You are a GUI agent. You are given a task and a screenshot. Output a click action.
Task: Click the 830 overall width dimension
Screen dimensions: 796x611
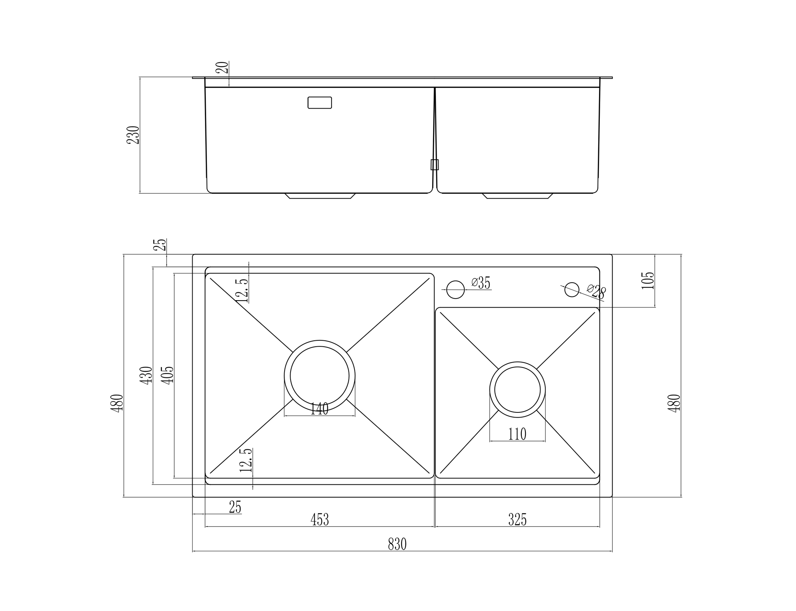[x=397, y=544]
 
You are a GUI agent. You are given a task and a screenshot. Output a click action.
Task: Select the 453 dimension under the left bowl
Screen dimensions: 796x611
[x=320, y=519]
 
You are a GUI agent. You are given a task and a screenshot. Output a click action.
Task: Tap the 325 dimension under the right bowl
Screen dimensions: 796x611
[x=517, y=519]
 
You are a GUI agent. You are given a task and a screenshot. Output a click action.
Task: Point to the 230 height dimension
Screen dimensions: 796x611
[x=133, y=135]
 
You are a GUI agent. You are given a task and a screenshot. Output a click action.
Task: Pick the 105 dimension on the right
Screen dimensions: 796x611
[x=648, y=280]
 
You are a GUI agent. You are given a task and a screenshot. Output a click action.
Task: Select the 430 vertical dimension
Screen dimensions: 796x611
[x=146, y=375]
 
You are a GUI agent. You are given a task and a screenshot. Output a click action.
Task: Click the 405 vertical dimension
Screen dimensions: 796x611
[x=168, y=375]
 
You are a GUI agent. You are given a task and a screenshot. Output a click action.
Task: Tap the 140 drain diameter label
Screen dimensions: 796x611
[x=319, y=409]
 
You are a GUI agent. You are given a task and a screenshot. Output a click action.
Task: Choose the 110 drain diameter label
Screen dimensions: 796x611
[x=517, y=434]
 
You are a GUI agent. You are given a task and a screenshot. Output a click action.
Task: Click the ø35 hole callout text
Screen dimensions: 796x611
[x=481, y=283]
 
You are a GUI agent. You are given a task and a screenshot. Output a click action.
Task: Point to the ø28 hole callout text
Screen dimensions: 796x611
[x=596, y=292]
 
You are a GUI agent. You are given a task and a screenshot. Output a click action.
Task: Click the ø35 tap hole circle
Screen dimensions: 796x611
[x=456, y=289]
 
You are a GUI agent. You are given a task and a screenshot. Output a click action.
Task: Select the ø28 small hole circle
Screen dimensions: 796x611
[x=572, y=289]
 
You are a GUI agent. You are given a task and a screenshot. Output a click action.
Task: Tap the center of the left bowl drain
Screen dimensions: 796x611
[x=320, y=376]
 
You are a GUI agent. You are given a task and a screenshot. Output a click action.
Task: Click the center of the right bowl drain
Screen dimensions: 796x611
[x=517, y=390]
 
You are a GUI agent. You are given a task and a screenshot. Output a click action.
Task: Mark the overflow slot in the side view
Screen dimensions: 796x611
[x=320, y=102]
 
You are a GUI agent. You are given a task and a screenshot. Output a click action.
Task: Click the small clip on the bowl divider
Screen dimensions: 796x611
[x=435, y=165]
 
